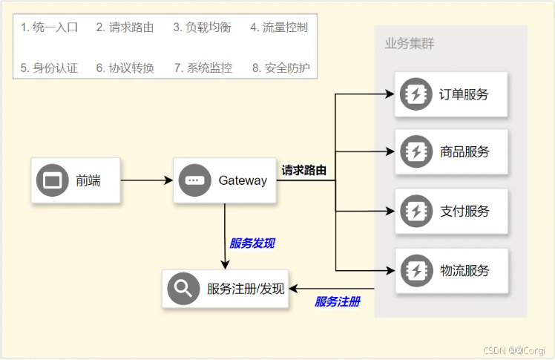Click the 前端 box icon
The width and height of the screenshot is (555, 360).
pos(52,180)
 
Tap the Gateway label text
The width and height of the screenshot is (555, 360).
pos(243,180)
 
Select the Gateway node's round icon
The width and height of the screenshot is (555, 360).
pos(194,180)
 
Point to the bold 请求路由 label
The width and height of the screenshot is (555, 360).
pos(304,170)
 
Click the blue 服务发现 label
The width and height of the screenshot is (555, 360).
pos(252,243)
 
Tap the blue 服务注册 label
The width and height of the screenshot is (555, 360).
pos(338,301)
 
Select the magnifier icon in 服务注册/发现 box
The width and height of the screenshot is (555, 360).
pos(183,289)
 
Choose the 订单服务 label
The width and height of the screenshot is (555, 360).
pos(464,94)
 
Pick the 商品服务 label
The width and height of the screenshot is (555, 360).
pos(464,152)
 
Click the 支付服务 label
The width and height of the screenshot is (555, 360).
pos(464,211)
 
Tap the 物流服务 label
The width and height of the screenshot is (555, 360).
pos(464,270)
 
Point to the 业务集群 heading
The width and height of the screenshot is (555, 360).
pos(410,44)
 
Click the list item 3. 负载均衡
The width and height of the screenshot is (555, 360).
pos(202,27)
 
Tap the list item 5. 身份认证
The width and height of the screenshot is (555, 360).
pos(49,68)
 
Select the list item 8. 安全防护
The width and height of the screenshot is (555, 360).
pos(280,68)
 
